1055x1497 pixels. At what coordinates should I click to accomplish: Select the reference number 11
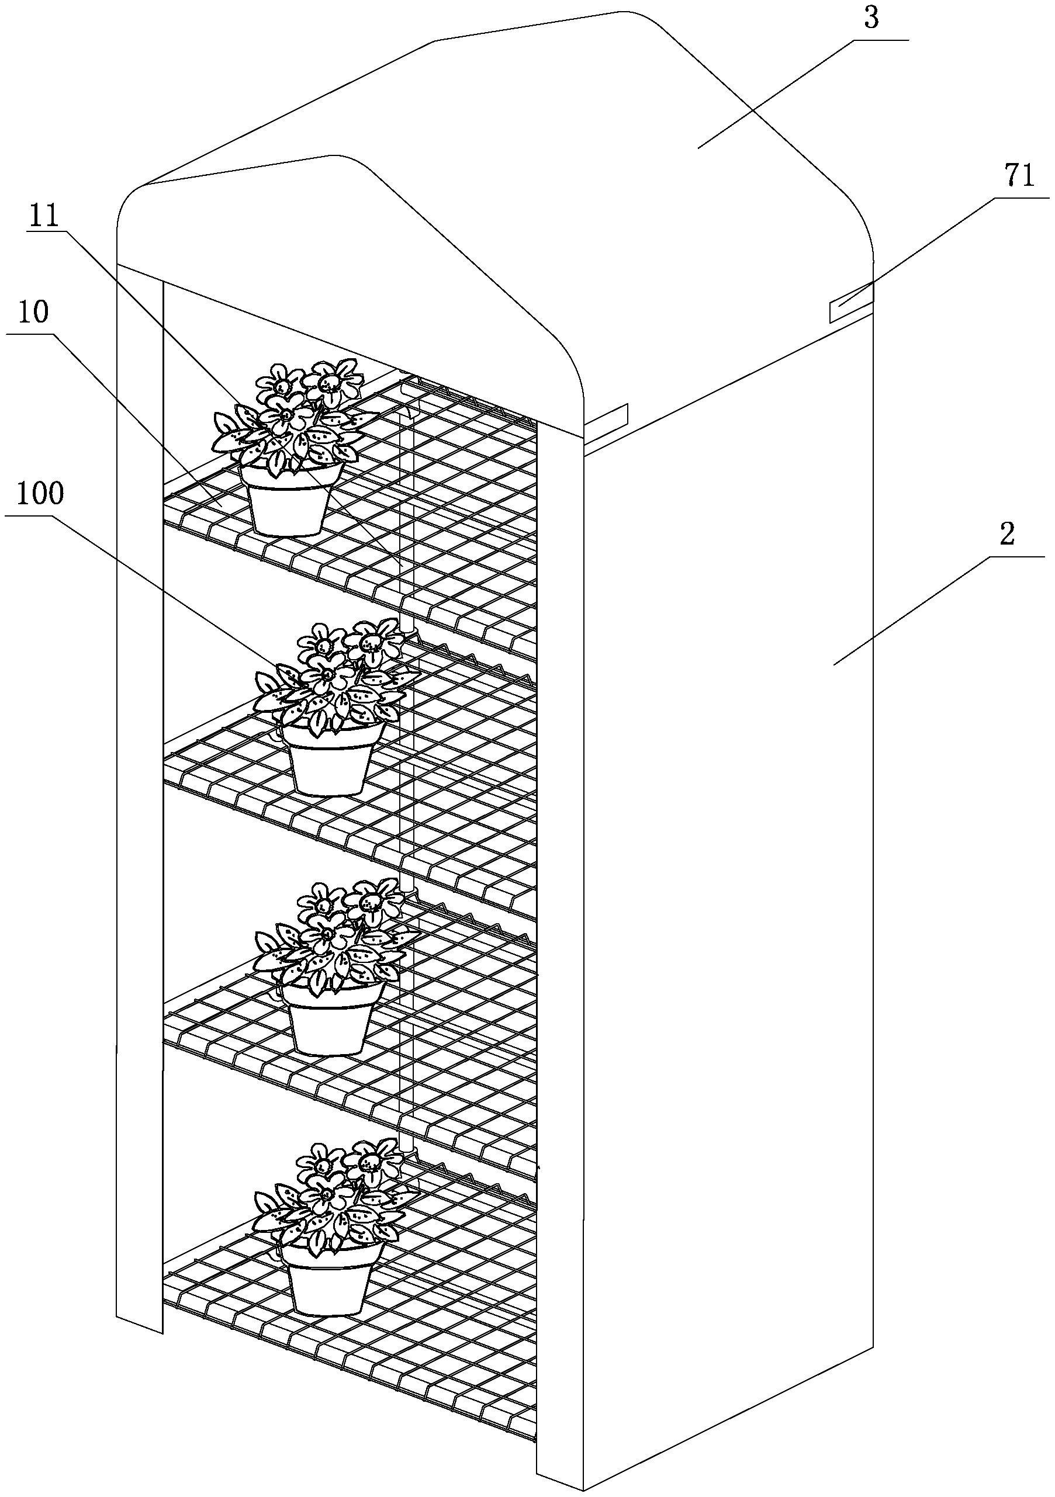(x=43, y=216)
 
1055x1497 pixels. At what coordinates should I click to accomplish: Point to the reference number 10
(x=34, y=314)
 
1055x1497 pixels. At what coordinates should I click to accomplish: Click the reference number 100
(x=40, y=494)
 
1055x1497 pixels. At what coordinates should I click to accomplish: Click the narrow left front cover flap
(x=139, y=782)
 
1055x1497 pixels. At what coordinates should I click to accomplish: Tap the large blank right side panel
(x=730, y=848)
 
